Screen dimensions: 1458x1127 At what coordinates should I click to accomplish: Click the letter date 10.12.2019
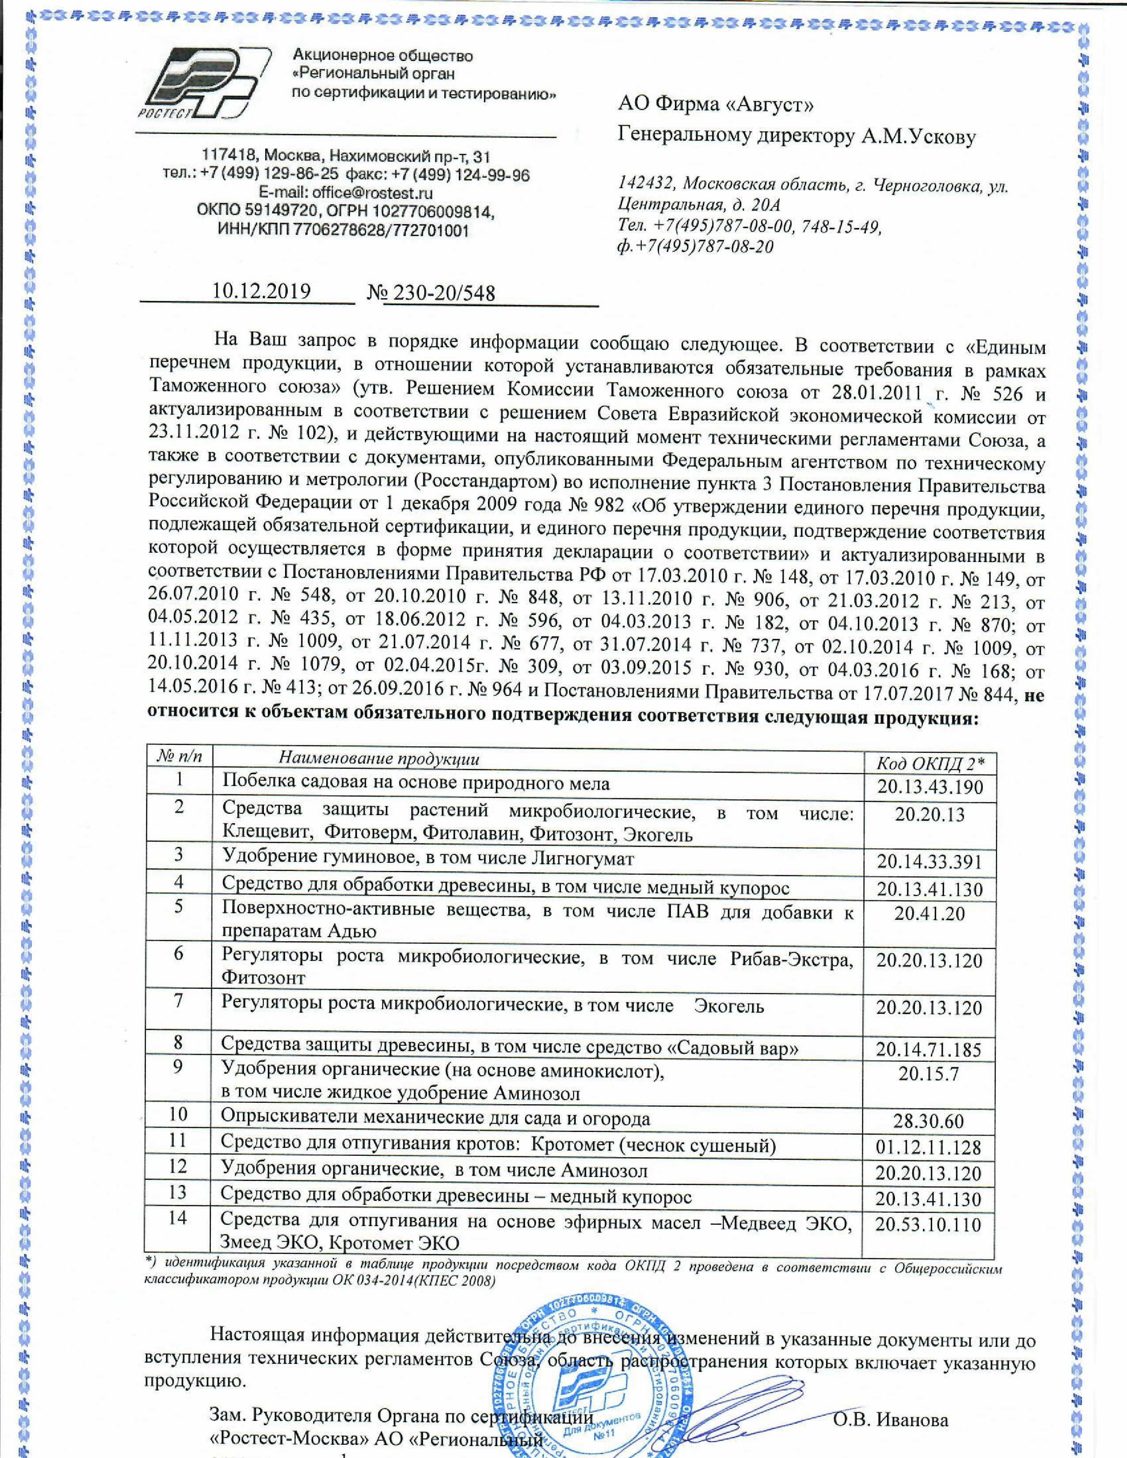(261, 292)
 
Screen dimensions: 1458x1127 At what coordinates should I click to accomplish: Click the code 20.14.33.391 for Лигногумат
(930, 862)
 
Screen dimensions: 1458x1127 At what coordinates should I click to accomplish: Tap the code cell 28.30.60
(929, 1120)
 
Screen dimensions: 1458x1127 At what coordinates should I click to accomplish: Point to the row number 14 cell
(178, 1218)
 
